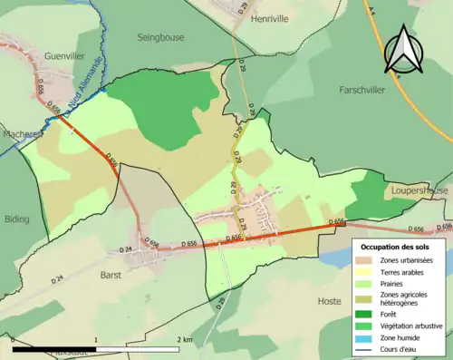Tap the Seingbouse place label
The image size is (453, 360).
coord(161,37)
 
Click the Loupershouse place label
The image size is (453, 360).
coord(419,192)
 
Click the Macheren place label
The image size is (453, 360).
coord(20,134)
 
